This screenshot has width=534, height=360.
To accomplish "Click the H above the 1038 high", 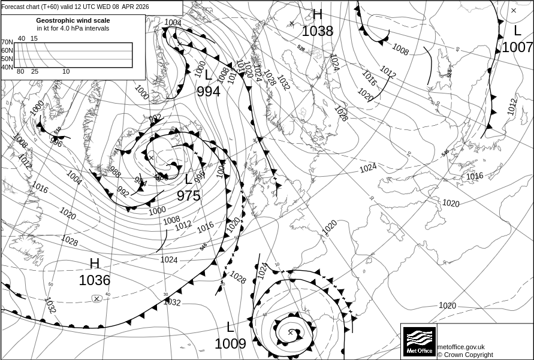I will [x=317, y=14].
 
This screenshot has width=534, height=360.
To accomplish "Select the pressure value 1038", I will [x=317, y=31].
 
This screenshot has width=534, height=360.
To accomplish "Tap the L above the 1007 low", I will [x=517, y=31].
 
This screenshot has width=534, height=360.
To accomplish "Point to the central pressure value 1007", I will [x=517, y=47].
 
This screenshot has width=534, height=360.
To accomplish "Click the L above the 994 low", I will [x=209, y=75].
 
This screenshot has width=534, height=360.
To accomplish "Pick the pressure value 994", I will [x=209, y=92].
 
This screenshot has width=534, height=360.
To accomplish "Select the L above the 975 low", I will [x=189, y=179].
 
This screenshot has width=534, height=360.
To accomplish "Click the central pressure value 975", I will [x=189, y=196].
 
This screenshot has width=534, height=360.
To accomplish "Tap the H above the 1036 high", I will [x=95, y=264].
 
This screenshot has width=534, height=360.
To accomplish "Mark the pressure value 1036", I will [x=95, y=280].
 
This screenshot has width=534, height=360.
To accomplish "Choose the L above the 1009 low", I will [x=230, y=327].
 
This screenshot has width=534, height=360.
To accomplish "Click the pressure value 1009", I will [x=230, y=344].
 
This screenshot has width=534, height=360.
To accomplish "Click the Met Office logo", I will [x=419, y=341].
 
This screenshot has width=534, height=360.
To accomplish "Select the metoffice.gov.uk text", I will [x=461, y=347].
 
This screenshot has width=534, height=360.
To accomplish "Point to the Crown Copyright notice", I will [x=465, y=355].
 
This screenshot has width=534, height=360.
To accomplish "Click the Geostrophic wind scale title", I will [x=73, y=20].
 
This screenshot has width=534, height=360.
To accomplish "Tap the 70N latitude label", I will [x=7, y=43].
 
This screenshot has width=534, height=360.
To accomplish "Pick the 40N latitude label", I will [x=7, y=67].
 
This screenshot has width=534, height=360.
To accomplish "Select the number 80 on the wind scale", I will [x=20, y=72].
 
